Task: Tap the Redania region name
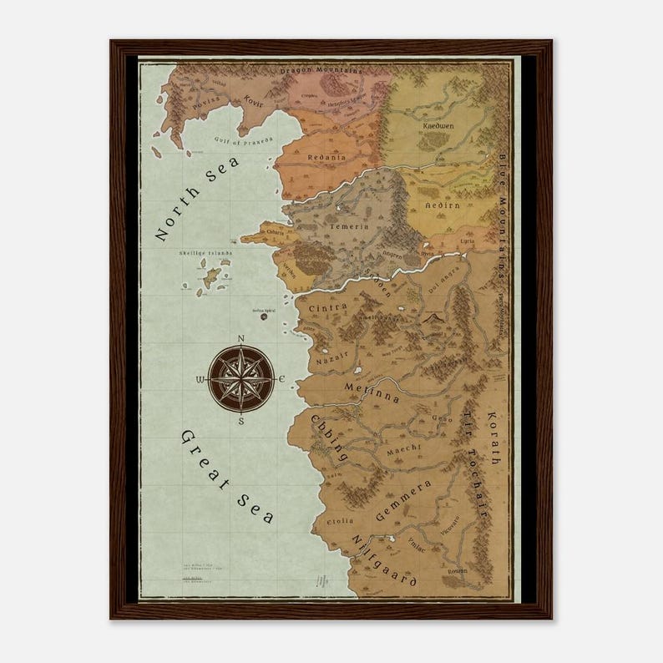click(x=326, y=157)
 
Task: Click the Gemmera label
click(x=403, y=501)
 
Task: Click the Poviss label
click(x=205, y=106)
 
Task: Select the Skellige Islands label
click(x=205, y=254)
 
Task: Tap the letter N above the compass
click(x=240, y=338)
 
